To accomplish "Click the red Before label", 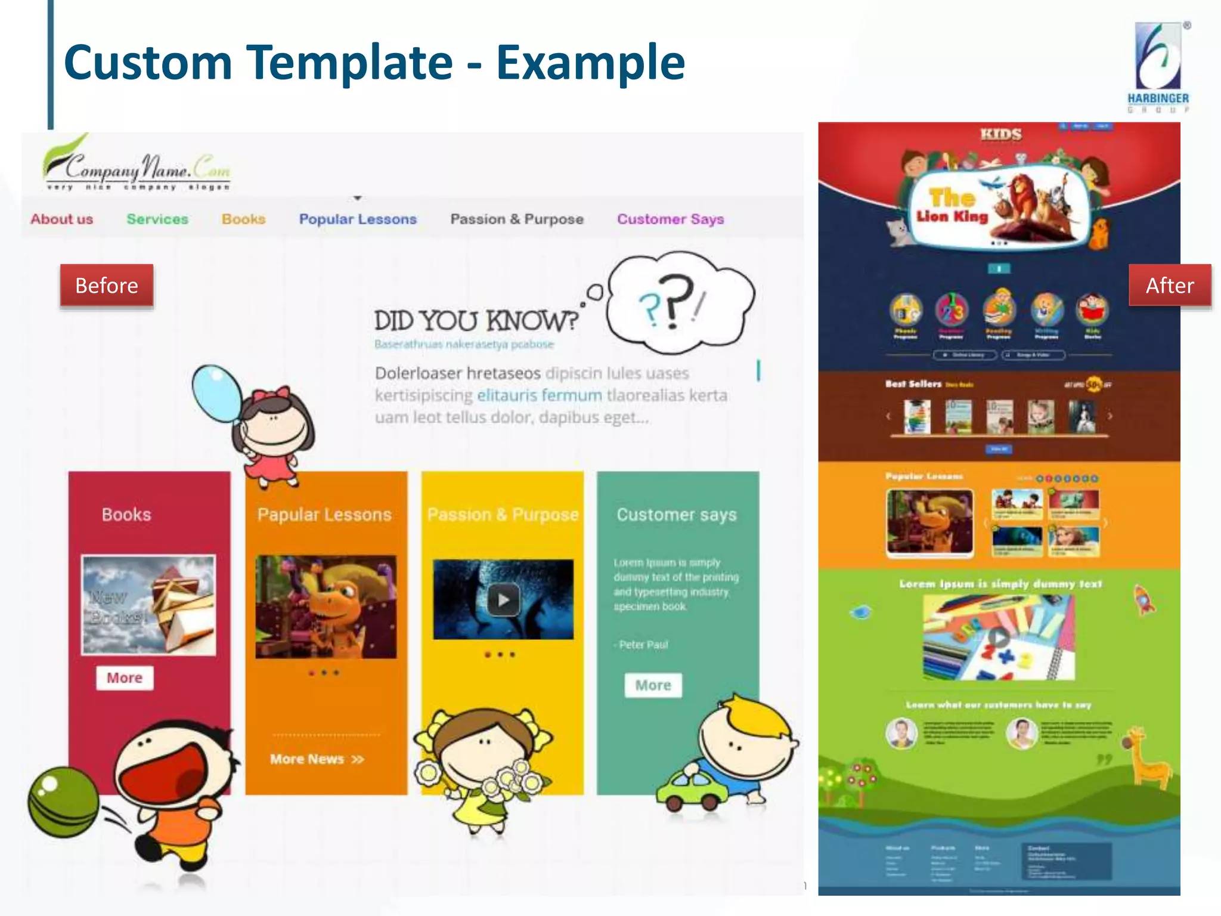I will coord(107,286).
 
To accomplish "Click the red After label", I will coord(1170,286).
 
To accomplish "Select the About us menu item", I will coord(62,219).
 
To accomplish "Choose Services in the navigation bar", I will coord(157,219).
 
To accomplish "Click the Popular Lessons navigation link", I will coord(358,219).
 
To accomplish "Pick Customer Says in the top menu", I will coord(670,219).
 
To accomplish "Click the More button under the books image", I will coord(125,678).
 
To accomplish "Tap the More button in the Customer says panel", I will coord(653,685).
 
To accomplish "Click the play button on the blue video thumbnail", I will coord(503,600).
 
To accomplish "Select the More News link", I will coord(317,759).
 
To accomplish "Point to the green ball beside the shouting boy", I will coord(63,802).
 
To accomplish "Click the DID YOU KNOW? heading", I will coord(476,321).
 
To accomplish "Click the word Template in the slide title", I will coord(350,63).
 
